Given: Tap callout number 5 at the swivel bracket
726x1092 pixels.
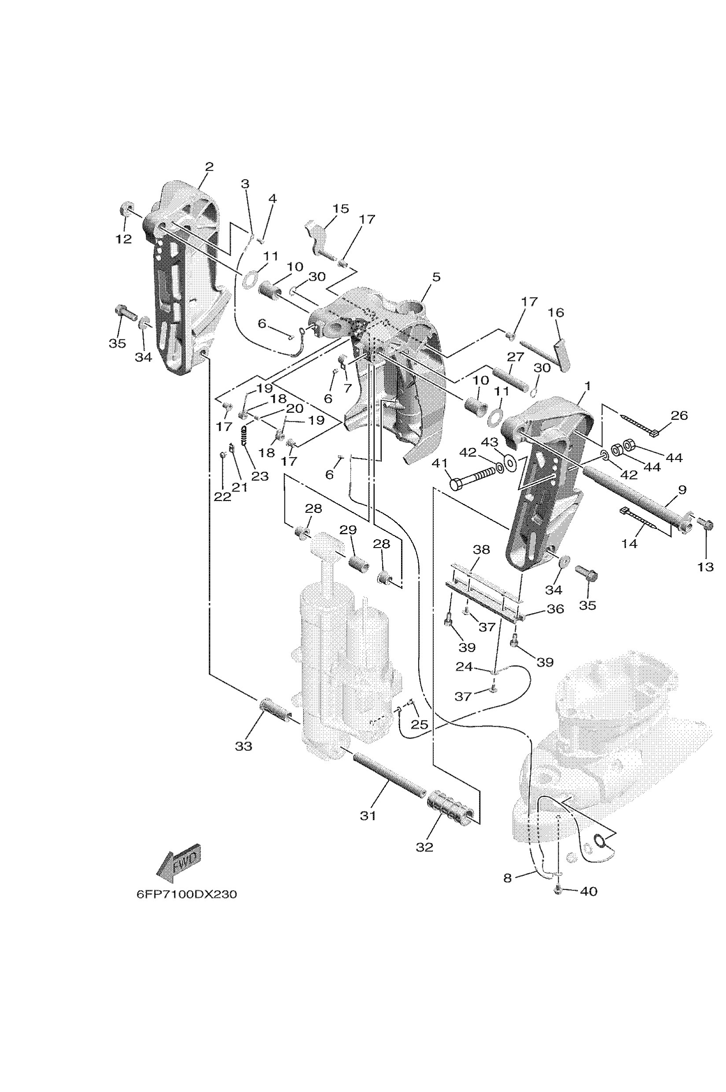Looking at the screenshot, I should [x=436, y=277].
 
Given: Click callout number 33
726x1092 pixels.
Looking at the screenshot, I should [x=243, y=746].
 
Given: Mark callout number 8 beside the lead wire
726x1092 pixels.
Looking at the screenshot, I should [x=508, y=878].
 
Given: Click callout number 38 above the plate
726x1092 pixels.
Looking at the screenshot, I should [x=481, y=549].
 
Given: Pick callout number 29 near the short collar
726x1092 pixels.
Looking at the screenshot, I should [x=348, y=529].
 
